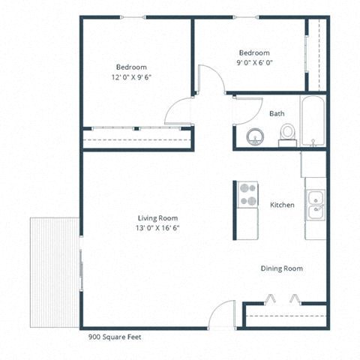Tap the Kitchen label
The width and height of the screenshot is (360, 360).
coord(282,205)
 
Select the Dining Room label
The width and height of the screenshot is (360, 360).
coord(282,268)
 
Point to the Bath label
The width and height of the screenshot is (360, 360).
coord(277,114)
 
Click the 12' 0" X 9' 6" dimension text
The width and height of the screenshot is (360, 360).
coord(131,76)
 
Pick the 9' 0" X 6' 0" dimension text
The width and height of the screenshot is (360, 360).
coord(253,63)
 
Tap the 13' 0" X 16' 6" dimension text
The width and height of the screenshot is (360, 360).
coord(136,227)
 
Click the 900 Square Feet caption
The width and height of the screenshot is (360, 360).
coord(115,337)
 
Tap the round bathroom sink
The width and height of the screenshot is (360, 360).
coord(255,136)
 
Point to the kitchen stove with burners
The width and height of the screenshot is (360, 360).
coord(247,194)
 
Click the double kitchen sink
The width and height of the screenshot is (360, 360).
coord(315,205)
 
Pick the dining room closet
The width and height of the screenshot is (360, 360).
coord(285,316)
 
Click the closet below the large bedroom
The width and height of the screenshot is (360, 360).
coord(136,139)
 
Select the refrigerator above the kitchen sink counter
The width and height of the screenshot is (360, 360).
coord(313,164)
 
